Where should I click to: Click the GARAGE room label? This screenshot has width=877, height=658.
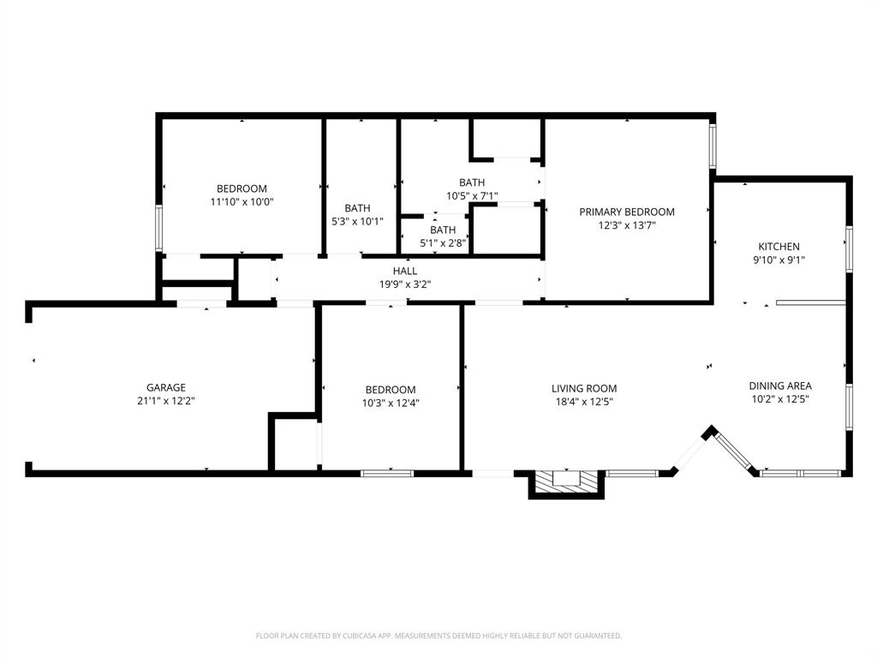point(166,387)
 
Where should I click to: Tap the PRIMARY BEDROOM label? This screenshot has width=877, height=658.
point(626,212)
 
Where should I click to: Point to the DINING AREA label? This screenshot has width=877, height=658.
point(780,386)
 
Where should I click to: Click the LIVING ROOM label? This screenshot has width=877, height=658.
point(584,388)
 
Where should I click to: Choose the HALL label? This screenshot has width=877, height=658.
point(404,271)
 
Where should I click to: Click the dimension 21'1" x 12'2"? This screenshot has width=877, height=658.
point(166,401)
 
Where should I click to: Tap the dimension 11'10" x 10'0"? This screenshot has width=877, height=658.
point(242,202)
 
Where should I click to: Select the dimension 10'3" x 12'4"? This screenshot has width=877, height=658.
point(391,402)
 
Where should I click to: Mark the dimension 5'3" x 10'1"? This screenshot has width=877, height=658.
point(357,221)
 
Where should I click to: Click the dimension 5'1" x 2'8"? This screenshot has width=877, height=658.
point(443,242)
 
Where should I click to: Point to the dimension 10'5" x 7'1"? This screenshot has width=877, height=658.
point(472,195)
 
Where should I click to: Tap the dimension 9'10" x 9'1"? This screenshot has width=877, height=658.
point(779,260)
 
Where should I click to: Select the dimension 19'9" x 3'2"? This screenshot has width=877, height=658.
point(404,284)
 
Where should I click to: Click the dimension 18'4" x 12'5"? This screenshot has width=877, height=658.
point(584,402)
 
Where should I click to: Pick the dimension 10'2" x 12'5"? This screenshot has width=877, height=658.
point(780,398)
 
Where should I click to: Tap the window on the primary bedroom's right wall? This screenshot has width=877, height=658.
point(713,146)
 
